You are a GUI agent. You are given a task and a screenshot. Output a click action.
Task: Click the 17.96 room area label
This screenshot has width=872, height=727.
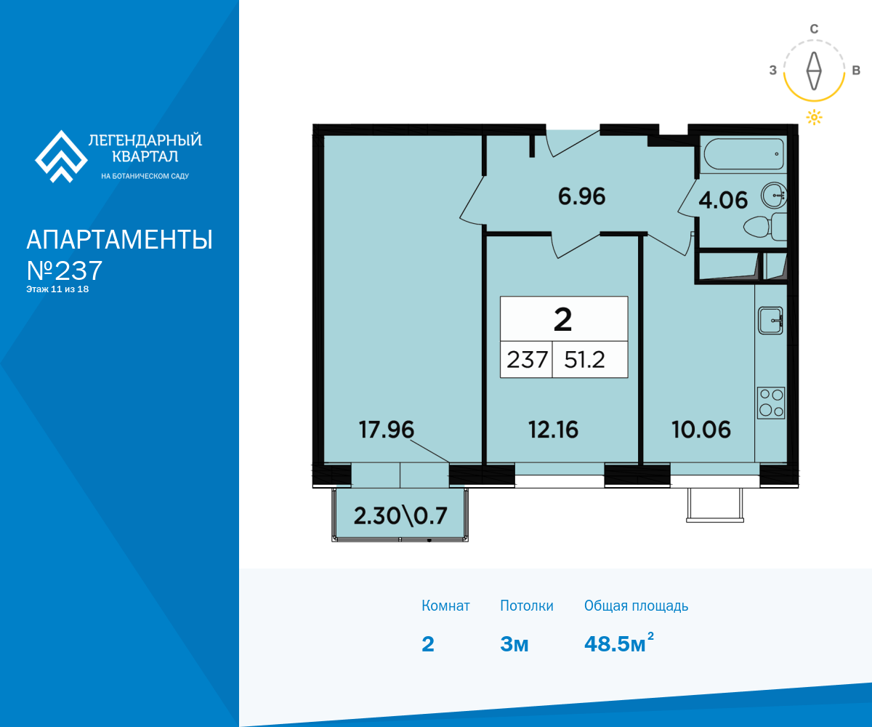pos(387,430)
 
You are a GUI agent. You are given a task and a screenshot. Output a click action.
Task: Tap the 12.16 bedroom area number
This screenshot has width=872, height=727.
pos(553,430)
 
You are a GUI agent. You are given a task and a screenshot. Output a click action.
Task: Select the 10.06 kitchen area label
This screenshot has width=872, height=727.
pos(701,430)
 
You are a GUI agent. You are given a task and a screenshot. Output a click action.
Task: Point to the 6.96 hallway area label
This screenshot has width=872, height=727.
pos(582,196)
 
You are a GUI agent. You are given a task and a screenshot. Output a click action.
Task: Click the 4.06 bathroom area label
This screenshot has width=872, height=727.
pos(723,200)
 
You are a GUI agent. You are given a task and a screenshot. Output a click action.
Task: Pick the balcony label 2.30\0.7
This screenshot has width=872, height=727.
pos(400,515)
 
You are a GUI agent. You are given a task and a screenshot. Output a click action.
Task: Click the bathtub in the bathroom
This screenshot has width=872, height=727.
pos(743,154)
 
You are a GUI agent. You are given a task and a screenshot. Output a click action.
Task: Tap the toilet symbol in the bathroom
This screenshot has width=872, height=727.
pos(765,226)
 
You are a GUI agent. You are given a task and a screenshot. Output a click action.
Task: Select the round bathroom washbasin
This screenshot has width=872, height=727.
pos(774,195)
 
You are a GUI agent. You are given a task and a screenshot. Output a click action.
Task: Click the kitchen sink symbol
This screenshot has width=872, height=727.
pos(770,321)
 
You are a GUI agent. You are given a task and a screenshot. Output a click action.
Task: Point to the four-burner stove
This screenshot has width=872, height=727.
pos(771,403)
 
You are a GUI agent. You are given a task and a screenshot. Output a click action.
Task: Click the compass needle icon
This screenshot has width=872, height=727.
pos(814,71)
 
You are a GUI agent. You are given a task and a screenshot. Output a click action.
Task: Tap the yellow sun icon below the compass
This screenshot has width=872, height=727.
pos(814,117)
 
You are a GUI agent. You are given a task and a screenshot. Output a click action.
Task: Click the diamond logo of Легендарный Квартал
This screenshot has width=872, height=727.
pos(61,157)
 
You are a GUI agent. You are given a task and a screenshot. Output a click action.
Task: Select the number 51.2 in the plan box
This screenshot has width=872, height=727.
pos(584,360)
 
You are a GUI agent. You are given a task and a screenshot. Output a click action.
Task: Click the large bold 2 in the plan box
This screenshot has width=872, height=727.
pos(562,320)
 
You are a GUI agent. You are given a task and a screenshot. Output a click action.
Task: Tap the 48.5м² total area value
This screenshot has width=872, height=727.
pos(619,643)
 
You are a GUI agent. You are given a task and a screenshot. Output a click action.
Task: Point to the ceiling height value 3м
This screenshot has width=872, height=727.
pos(514,644)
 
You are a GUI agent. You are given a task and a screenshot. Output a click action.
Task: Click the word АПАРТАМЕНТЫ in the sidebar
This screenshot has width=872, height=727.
pos(119,240)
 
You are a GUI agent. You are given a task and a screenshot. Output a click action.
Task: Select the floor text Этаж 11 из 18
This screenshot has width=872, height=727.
pos(57,289)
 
